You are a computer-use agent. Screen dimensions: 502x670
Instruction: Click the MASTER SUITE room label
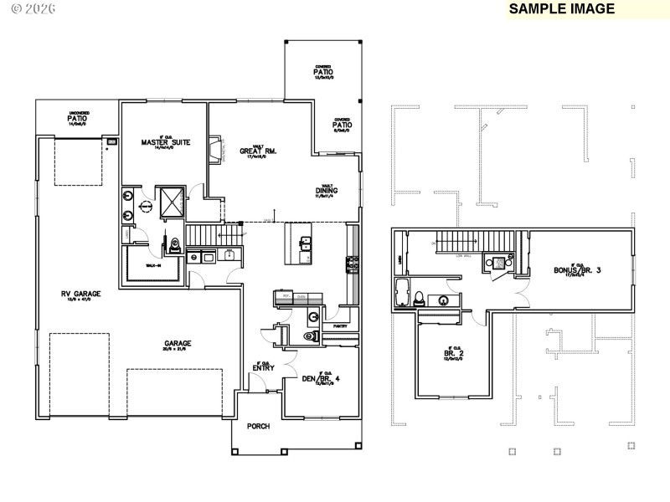tap(165, 143)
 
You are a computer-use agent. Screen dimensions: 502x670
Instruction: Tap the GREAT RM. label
tap(259, 151)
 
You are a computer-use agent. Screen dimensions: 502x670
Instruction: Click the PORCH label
tap(258, 427)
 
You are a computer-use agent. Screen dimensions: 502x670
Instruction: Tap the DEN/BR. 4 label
tap(322, 378)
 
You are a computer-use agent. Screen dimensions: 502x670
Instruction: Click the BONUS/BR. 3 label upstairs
tap(577, 270)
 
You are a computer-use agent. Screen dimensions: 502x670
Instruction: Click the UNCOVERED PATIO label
tap(78, 118)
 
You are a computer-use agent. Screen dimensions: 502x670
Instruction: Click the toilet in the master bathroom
tap(175, 246)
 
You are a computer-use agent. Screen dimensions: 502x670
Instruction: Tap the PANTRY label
tap(339, 325)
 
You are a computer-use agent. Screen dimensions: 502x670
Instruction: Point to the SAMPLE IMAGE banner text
tap(561, 8)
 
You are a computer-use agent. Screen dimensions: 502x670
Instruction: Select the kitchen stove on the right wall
tap(352, 266)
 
